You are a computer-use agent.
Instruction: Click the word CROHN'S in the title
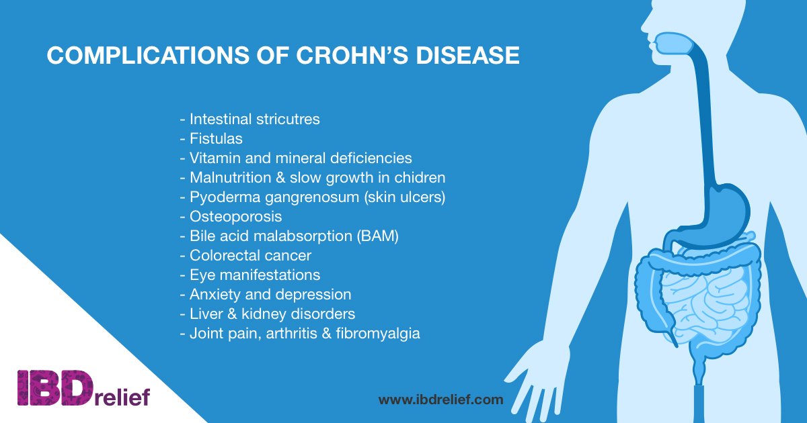[352, 55]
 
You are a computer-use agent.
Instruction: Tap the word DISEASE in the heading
[467, 55]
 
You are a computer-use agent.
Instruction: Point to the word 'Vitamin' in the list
[215, 158]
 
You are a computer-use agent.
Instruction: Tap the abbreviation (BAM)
[377, 236]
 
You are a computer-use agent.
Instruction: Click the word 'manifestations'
[270, 275]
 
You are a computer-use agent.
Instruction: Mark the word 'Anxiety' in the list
[215, 295]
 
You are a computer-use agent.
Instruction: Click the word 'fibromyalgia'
[378, 334]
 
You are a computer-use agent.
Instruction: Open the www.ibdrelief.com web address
[440, 399]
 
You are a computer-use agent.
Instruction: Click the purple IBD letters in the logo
[55, 388]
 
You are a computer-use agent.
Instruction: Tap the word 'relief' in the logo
[122, 396]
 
